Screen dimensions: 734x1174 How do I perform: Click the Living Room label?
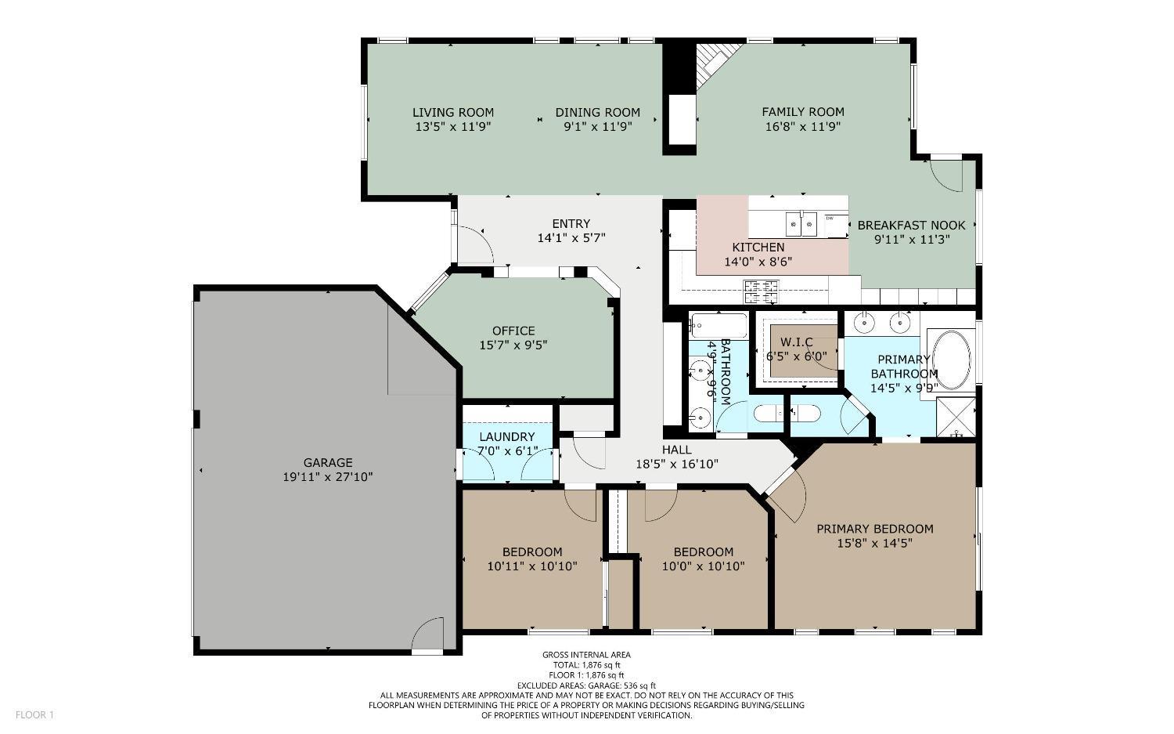pyautogui.click(x=453, y=112)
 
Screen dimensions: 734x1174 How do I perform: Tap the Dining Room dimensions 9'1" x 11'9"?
pyautogui.click(x=598, y=126)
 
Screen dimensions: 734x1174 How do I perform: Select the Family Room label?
pyautogui.click(x=803, y=112)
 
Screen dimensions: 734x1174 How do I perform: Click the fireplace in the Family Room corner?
pyautogui.click(x=715, y=60)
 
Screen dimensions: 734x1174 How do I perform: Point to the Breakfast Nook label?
pyautogui.click(x=911, y=225)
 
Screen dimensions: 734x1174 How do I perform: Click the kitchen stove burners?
pyautogui.click(x=762, y=291)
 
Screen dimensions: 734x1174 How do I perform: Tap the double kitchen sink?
pyautogui.click(x=802, y=224)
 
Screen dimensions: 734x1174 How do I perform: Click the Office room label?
pyautogui.click(x=513, y=331)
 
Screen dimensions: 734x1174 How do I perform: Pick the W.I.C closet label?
pyautogui.click(x=796, y=342)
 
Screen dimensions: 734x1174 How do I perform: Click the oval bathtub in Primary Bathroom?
pyautogui.click(x=951, y=360)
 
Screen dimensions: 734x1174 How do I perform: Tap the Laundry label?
pyautogui.click(x=507, y=437)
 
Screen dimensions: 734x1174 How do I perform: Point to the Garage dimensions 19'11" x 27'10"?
pyautogui.click(x=328, y=476)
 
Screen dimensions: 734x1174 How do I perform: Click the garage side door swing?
pyautogui.click(x=429, y=635)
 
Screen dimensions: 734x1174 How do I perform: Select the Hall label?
pyautogui.click(x=676, y=450)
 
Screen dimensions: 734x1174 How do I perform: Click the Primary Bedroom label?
pyautogui.click(x=874, y=529)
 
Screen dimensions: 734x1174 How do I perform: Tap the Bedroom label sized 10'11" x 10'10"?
pyautogui.click(x=532, y=551)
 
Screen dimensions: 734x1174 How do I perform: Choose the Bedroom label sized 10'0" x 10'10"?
pyautogui.click(x=703, y=551)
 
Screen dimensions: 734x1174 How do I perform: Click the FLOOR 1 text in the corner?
pyautogui.click(x=34, y=714)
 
